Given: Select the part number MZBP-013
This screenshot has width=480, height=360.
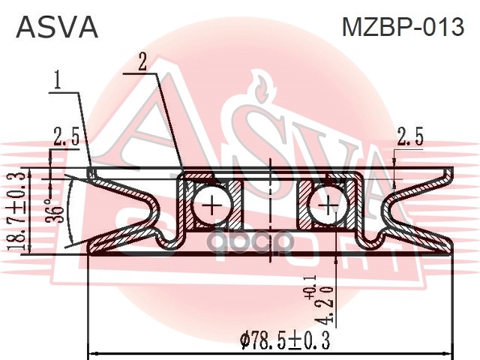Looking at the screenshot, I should (403, 27).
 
